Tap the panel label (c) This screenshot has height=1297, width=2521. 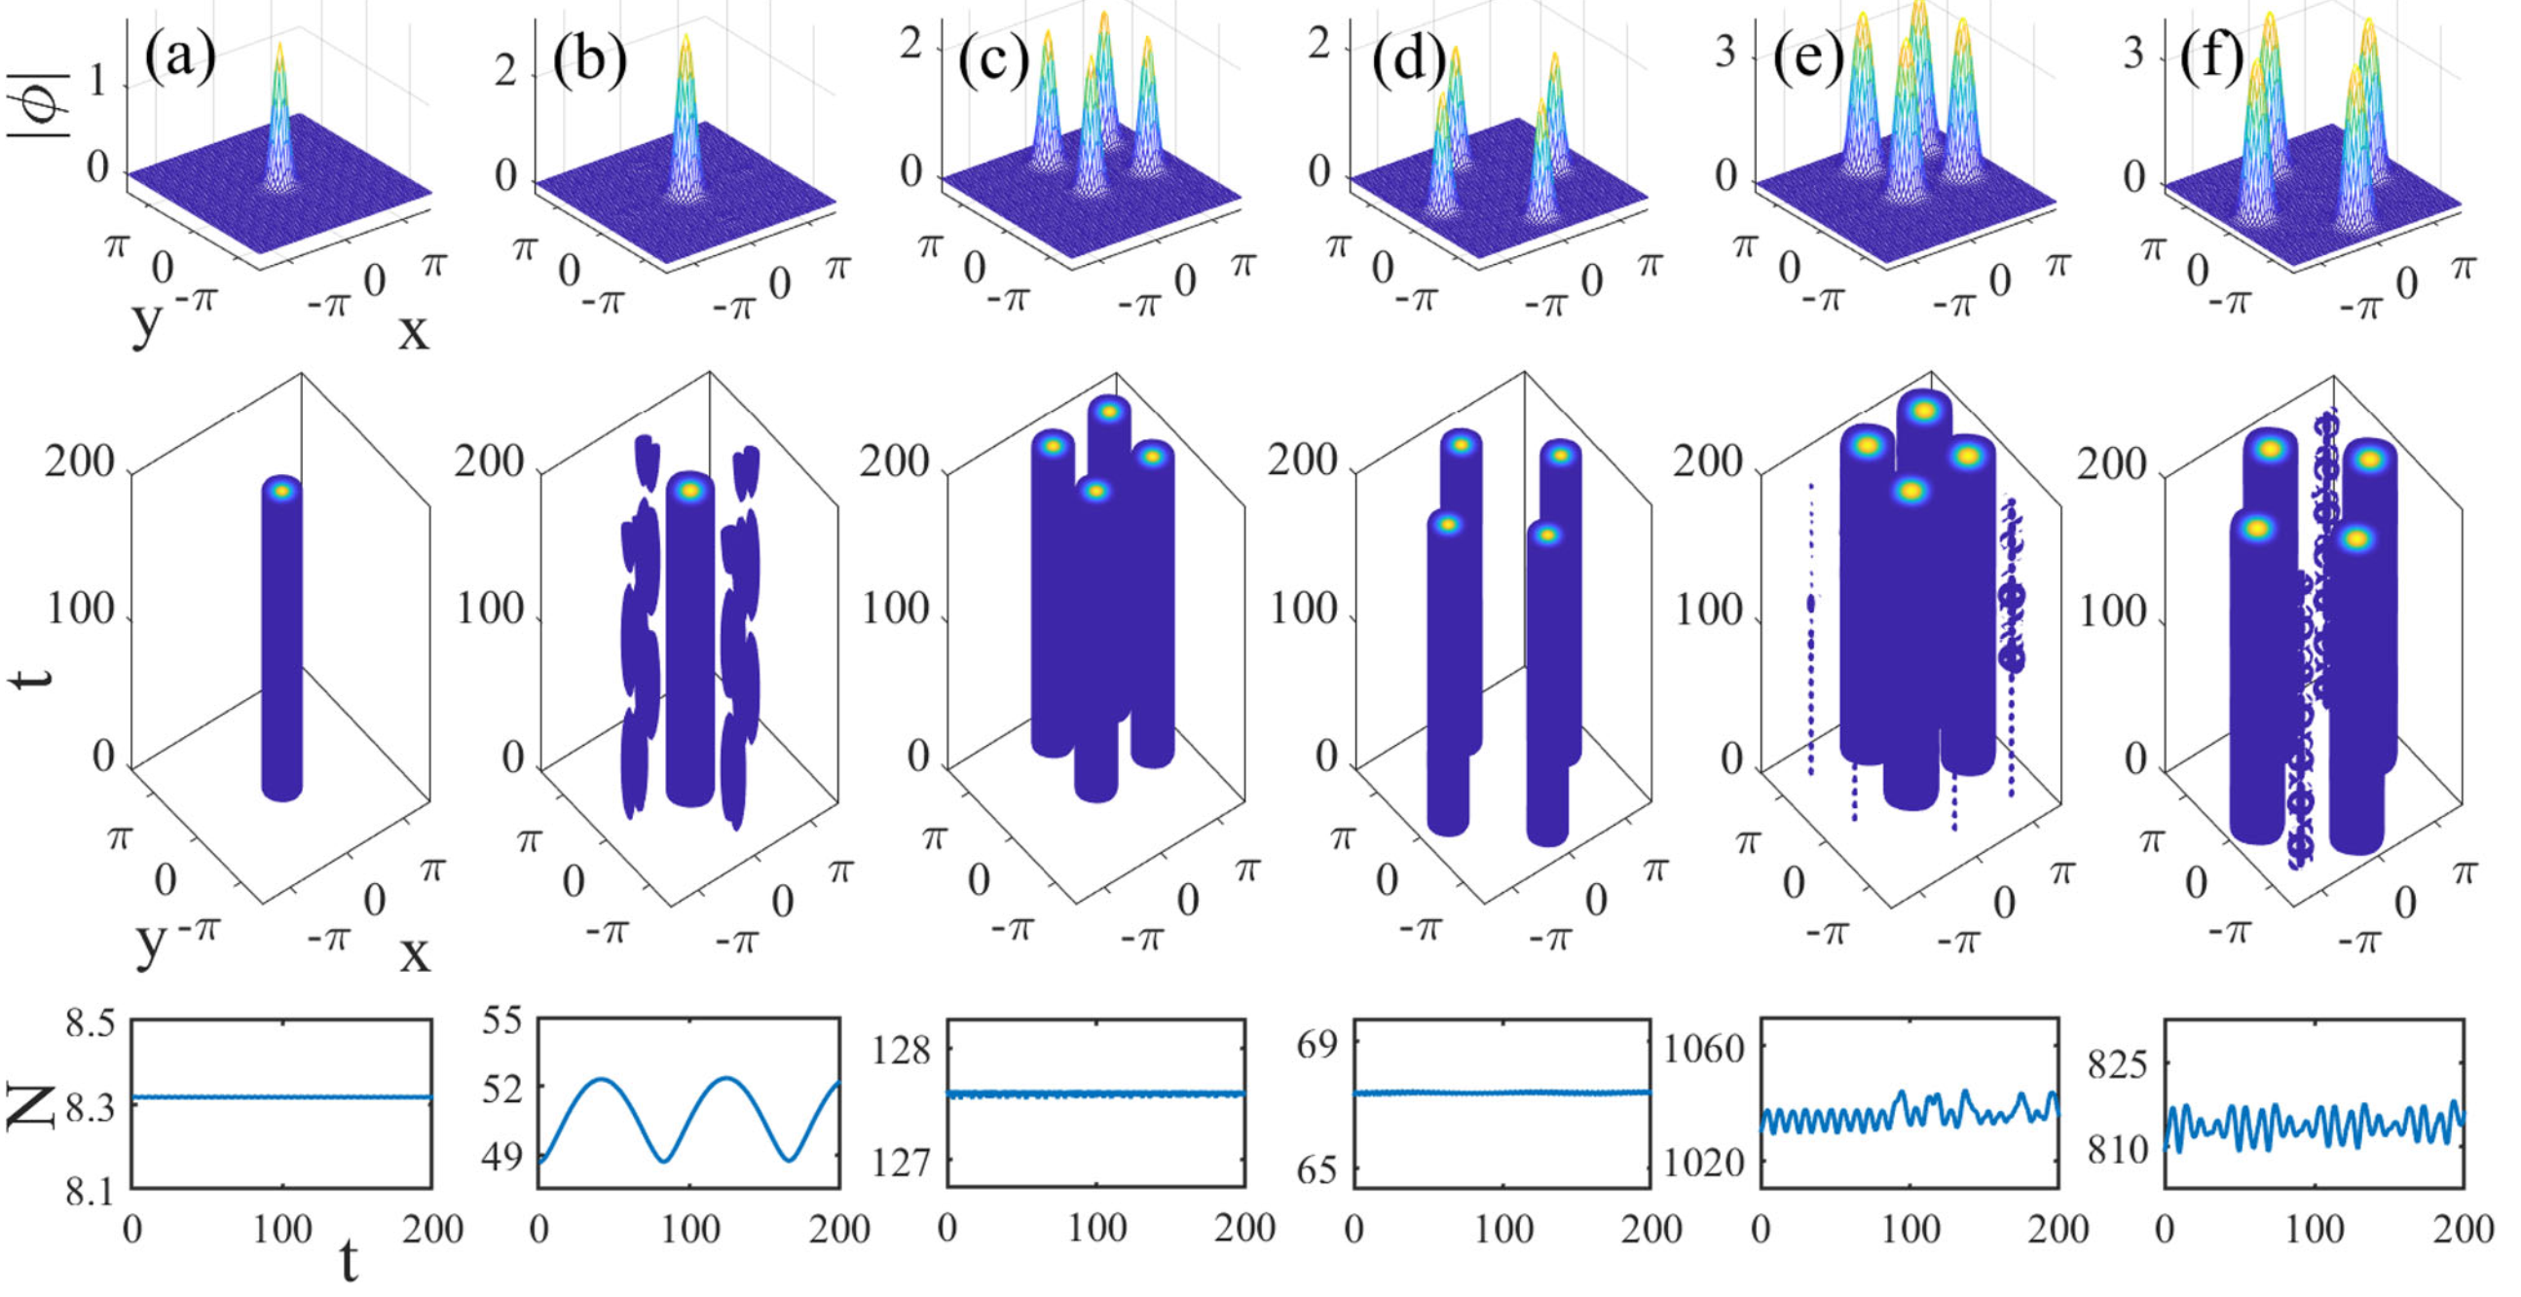993,61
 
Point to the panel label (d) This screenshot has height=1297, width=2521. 1407,61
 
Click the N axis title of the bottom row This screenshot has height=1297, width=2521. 29,1106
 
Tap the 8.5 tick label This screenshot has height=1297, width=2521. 90,1024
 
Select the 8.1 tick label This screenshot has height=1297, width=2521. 90,1192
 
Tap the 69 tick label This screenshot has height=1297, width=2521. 1316,1046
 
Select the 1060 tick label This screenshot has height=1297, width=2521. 1705,1050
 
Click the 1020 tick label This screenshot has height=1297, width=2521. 1705,1163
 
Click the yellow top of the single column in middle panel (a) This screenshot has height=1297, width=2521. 281,492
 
